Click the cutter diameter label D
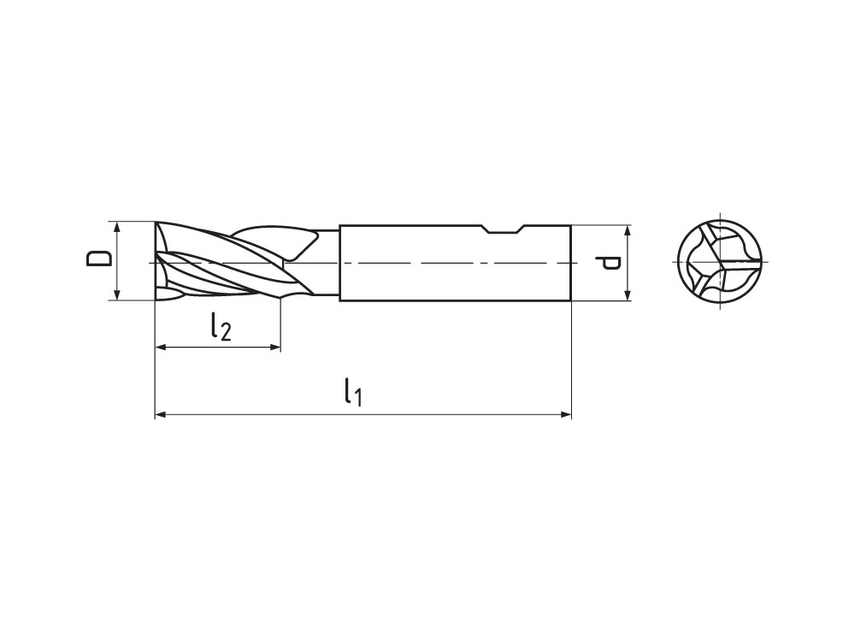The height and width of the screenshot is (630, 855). tap(100, 259)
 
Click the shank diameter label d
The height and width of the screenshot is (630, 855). tap(610, 262)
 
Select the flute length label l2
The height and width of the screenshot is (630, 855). tap(219, 326)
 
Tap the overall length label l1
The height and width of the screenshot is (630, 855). tap(352, 393)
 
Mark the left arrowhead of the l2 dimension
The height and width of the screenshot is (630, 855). tap(160, 347)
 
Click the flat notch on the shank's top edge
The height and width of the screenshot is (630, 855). tap(503, 230)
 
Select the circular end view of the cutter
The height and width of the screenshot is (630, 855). tap(720, 261)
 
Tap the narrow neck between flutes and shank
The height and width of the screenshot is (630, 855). tap(327, 262)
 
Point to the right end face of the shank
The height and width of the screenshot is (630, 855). tap(570, 262)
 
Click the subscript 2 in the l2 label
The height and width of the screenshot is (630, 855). tap(225, 332)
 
